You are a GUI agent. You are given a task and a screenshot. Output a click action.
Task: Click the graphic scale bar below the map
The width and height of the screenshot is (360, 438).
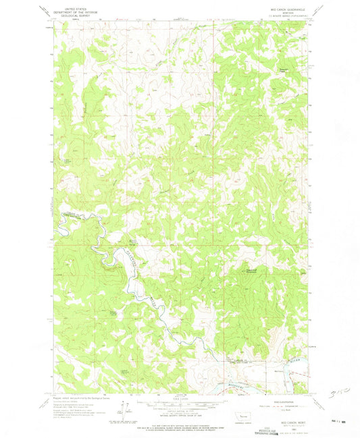(x=179, y=404)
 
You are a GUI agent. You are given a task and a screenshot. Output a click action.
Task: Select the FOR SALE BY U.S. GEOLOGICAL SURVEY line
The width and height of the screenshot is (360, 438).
(x=179, y=423)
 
